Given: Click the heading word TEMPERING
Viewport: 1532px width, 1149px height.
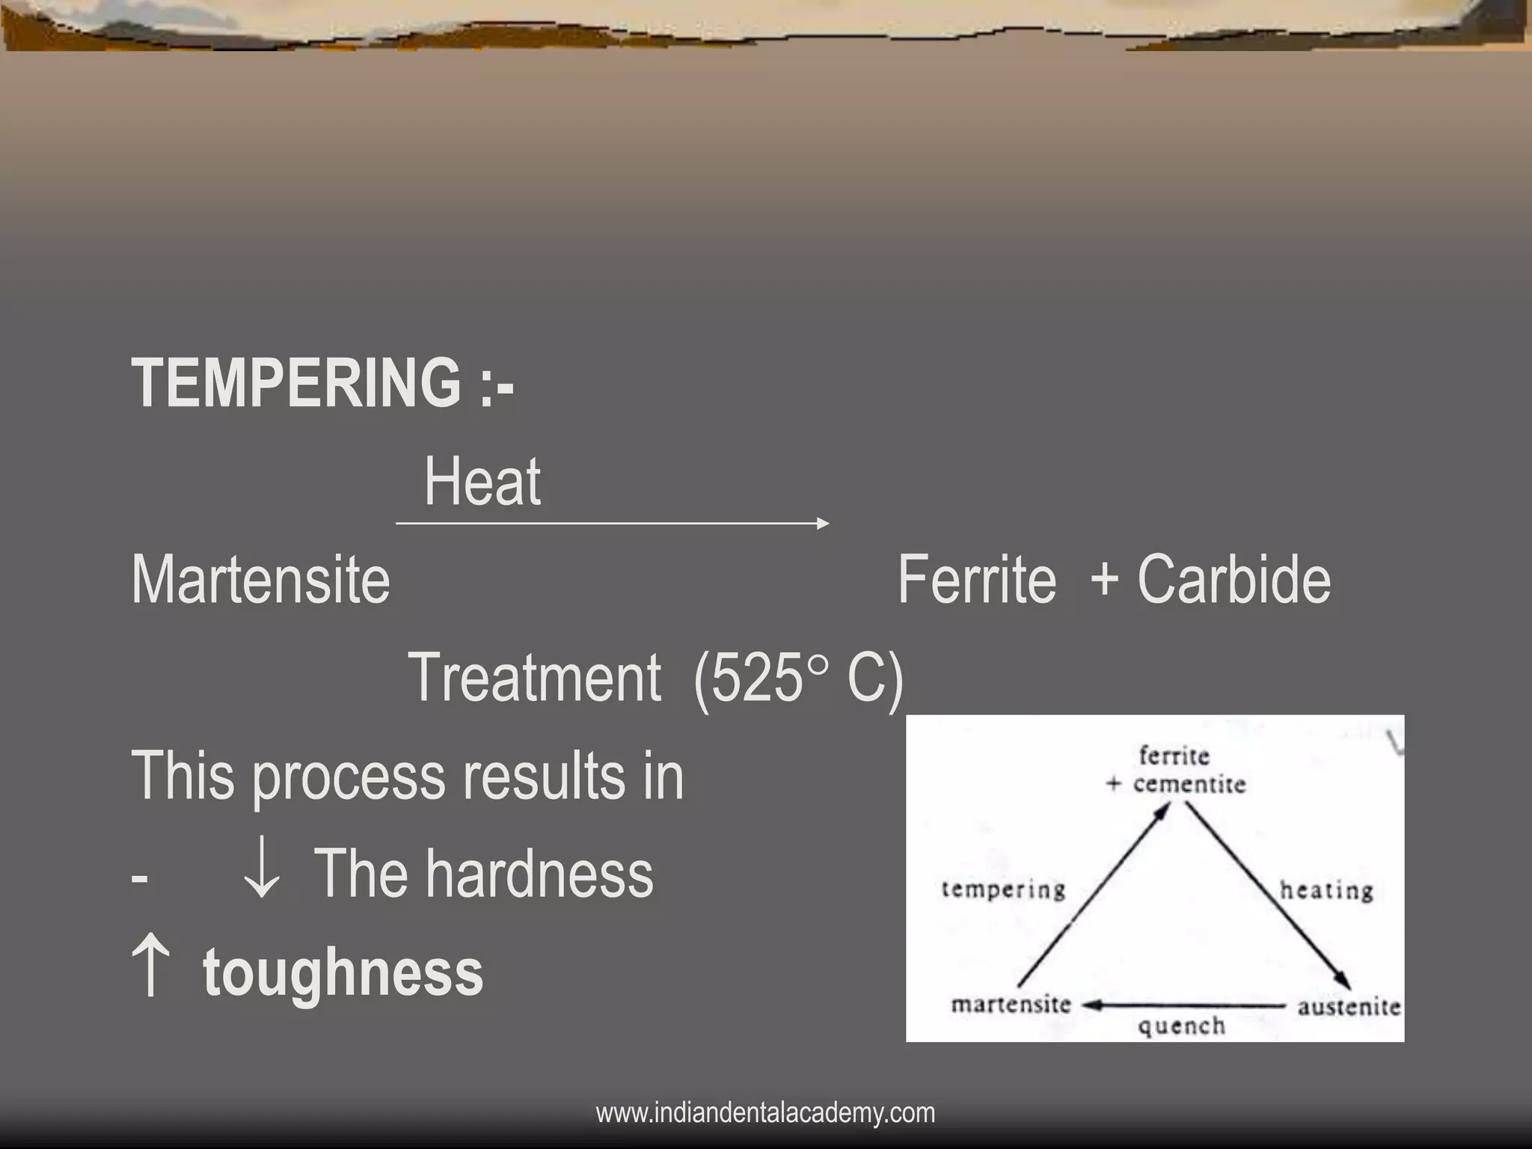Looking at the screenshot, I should (x=296, y=383).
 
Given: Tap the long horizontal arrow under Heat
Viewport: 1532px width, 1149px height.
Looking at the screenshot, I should (x=612, y=524).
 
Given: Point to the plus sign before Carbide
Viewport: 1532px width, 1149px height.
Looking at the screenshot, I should (x=1105, y=581).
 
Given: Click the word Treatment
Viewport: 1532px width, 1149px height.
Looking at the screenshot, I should (x=535, y=678).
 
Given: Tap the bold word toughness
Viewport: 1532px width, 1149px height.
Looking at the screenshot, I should (x=343, y=972).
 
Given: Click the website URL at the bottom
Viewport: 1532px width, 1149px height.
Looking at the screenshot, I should (x=765, y=1113).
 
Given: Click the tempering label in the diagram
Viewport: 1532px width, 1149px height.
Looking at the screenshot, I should (x=1003, y=889).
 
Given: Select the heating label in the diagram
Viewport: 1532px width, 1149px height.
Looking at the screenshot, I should (x=1326, y=890).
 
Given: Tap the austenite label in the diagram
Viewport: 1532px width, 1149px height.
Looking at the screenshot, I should (x=1349, y=1007).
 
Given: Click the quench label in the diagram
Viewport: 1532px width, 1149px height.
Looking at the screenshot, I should (x=1181, y=1026).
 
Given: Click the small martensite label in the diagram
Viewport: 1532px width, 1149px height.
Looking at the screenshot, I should (x=1011, y=1004).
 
